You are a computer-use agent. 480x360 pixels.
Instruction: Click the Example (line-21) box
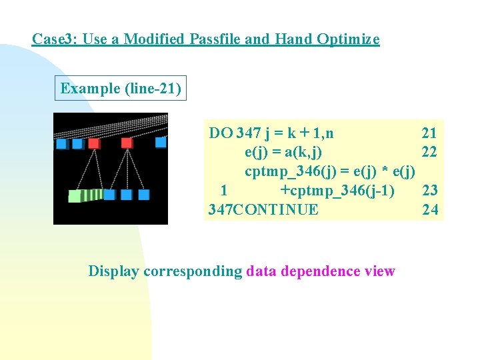(x=121, y=89)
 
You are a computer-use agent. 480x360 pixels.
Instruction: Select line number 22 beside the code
(x=429, y=152)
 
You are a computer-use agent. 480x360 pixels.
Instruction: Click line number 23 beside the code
(x=429, y=191)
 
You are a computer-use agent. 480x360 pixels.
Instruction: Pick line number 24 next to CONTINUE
(x=429, y=210)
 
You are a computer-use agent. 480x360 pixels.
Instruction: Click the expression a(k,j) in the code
(x=304, y=152)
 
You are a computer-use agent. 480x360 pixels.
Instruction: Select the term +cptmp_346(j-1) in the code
(x=337, y=191)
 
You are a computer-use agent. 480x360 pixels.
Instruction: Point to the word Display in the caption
(x=114, y=271)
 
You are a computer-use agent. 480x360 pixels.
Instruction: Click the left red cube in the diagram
(x=93, y=143)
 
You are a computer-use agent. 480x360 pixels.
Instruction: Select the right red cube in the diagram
(x=126, y=143)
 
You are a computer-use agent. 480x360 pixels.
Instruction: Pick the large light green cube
(x=75, y=196)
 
